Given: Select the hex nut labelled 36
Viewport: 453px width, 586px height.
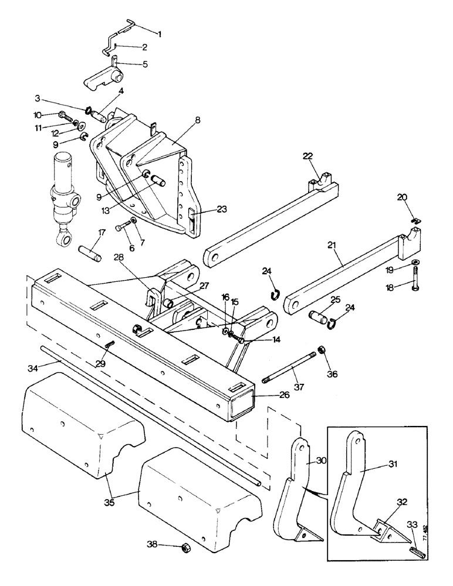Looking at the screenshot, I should pyautogui.click(x=322, y=350).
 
